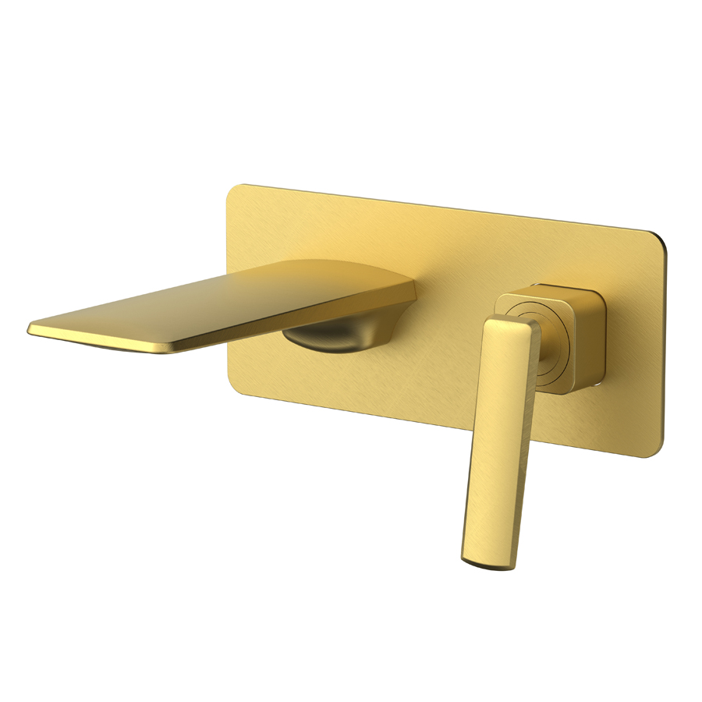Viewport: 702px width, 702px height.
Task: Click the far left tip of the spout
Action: pyautogui.click(x=30, y=327)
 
